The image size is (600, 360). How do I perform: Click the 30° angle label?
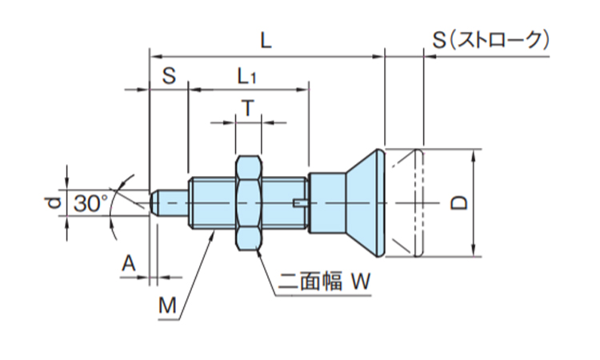tap(90, 204)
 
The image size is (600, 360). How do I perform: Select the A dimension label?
tap(127, 263)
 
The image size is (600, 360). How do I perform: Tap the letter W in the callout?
tap(362, 281)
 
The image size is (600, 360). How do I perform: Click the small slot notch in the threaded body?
tap(300, 202)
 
